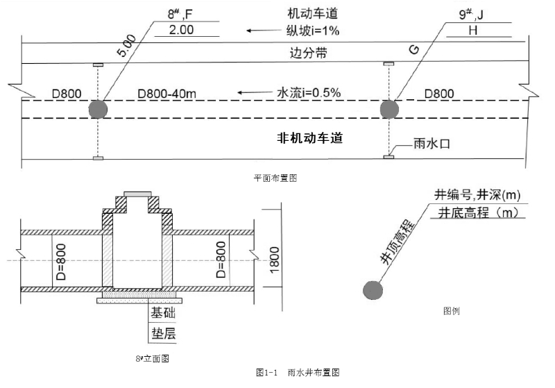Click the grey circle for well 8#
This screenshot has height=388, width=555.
(98, 109)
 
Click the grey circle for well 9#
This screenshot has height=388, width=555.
(388, 109)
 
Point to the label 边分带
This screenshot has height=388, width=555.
(309, 53)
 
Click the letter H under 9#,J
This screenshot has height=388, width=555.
(473, 30)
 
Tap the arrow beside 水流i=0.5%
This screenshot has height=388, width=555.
(255, 92)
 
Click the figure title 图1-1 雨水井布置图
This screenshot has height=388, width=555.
(296, 373)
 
